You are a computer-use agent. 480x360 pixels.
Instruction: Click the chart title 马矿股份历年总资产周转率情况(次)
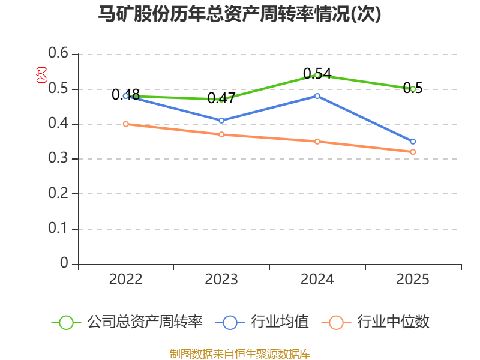coord(239,14)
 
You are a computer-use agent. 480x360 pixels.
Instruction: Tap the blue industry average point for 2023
coord(221,121)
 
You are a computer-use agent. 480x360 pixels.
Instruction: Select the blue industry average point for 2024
coord(317,96)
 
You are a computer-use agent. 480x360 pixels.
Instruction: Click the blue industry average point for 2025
coord(413,142)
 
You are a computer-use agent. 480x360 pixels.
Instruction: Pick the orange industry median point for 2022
coord(125,124)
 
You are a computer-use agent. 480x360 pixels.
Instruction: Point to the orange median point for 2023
coord(221,134)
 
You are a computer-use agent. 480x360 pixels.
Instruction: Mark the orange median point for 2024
coord(317,142)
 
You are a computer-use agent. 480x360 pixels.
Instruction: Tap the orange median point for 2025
coord(413,152)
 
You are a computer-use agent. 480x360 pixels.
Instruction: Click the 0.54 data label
coord(317,73)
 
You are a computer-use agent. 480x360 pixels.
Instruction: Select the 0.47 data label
coord(221,98)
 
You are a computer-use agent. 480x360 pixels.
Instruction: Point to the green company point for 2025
coord(413,89)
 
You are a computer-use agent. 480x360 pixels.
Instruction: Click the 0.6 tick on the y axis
coord(58,53)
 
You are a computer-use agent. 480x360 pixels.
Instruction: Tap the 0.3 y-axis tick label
coord(58,158)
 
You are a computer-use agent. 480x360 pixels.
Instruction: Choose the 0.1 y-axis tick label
coord(58,228)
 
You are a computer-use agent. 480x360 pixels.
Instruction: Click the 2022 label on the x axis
coord(125,280)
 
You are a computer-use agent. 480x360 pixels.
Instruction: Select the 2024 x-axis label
coord(317,280)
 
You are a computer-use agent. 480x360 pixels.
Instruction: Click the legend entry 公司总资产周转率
coord(127,322)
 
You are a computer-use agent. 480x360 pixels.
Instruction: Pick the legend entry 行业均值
coord(262,322)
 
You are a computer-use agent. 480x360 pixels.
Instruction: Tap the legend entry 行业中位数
coord(376,322)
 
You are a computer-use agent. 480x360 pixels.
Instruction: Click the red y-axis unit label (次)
coord(41,75)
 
